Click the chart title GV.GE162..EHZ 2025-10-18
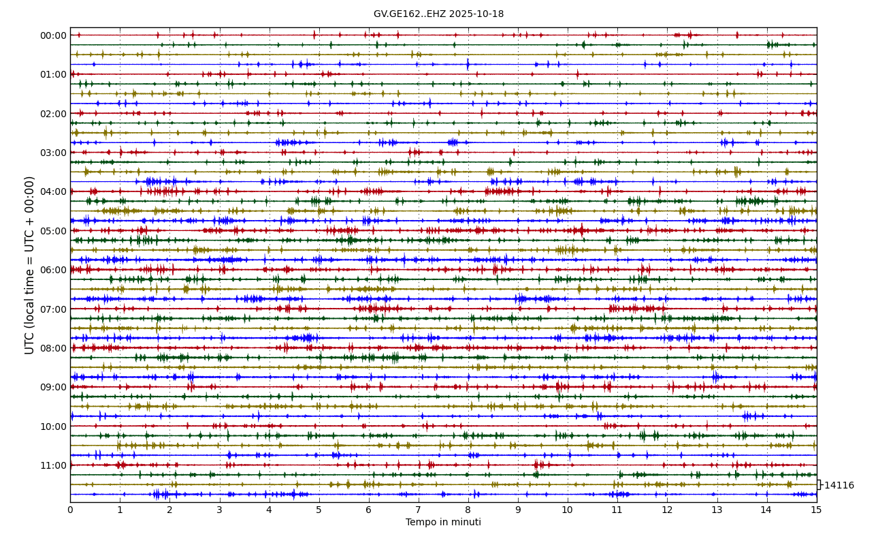[x=438, y=14]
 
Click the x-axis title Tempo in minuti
[x=443, y=523]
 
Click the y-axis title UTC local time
[x=30, y=265]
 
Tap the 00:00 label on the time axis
[x=53, y=35]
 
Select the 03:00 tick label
[x=53, y=153]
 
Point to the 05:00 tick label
[x=53, y=231]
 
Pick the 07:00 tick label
[x=53, y=309]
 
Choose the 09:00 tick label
[x=53, y=387]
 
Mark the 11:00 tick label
[x=53, y=465]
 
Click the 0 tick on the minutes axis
[x=70, y=510]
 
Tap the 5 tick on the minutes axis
[x=319, y=510]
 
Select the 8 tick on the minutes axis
[x=468, y=510]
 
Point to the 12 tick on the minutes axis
[x=667, y=510]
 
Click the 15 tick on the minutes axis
[x=816, y=510]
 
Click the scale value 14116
[x=839, y=486]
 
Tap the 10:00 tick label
[x=53, y=427]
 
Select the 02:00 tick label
[x=53, y=114]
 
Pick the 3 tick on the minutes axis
[x=219, y=510]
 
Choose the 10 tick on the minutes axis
[x=568, y=510]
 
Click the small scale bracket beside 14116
[x=819, y=484]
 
